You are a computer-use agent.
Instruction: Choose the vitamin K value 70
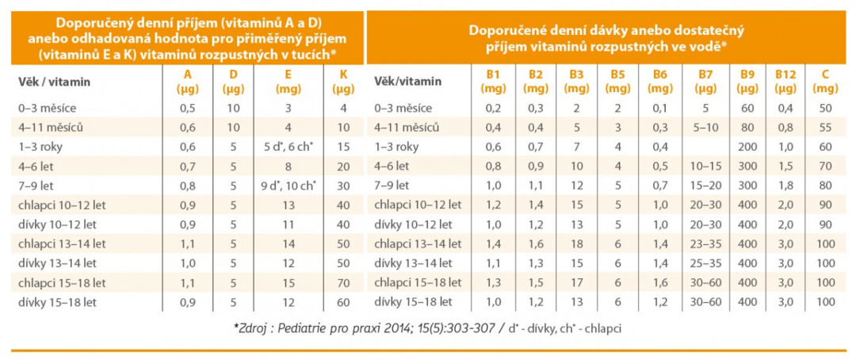[343, 283]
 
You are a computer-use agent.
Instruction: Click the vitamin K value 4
[343, 108]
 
